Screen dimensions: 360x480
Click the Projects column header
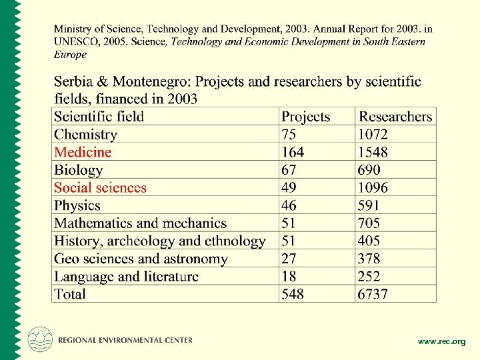tap(305, 117)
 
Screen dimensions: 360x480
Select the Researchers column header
tap(395, 117)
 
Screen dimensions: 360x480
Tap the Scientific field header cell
tap(99, 117)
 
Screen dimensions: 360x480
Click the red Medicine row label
tap(83, 152)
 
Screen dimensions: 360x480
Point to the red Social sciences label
tap(100, 187)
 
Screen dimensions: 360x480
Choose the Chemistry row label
tap(85, 135)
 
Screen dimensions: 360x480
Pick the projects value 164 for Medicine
tap(293, 152)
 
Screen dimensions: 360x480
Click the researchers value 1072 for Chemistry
tap(373, 135)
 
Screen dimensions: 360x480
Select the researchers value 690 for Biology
tap(368, 170)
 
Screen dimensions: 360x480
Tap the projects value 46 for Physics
tap(289, 205)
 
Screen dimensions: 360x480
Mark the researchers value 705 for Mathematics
tap(368, 223)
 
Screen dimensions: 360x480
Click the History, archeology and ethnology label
tap(160, 241)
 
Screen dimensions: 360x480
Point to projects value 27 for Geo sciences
tap(289, 259)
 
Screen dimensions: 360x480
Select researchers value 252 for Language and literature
tap(368, 277)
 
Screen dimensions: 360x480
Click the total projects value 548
tap(293, 294)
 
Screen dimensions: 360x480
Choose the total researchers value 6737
tap(373, 294)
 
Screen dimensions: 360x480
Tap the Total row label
tap(70, 294)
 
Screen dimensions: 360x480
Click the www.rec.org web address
tap(441, 341)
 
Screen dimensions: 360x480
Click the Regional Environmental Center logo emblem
tap(39, 339)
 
